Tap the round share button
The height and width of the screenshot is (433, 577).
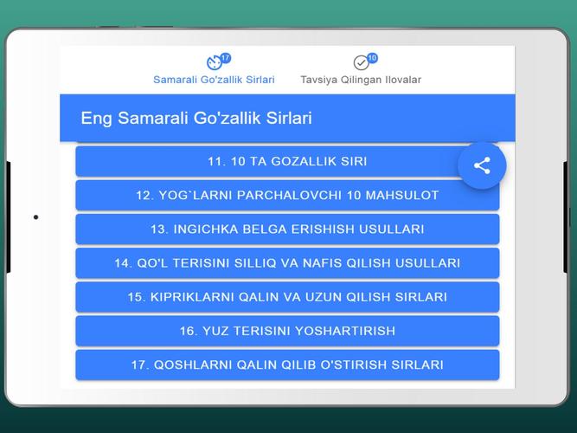click(x=482, y=165)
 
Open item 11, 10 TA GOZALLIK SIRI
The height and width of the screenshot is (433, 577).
click(x=287, y=161)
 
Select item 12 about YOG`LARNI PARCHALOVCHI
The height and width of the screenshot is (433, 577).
click(x=287, y=196)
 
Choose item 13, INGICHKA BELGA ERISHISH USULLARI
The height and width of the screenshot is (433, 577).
click(x=287, y=229)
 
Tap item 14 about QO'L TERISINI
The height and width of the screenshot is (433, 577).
click(x=287, y=263)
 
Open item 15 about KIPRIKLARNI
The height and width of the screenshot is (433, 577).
click(x=287, y=297)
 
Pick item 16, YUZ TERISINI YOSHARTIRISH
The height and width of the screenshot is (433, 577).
click(x=287, y=331)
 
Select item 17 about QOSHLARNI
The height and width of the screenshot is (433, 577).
click(x=287, y=365)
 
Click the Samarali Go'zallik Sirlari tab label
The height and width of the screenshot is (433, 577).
click(x=214, y=80)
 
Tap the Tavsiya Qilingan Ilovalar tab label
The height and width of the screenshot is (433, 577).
click(x=361, y=80)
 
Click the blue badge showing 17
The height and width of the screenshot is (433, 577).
click(x=226, y=58)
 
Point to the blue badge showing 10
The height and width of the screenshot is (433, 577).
click(x=372, y=58)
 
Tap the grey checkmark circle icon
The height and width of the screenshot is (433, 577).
click(x=361, y=62)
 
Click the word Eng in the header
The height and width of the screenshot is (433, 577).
click(x=96, y=119)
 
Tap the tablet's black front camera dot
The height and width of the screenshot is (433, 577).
click(x=35, y=217)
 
